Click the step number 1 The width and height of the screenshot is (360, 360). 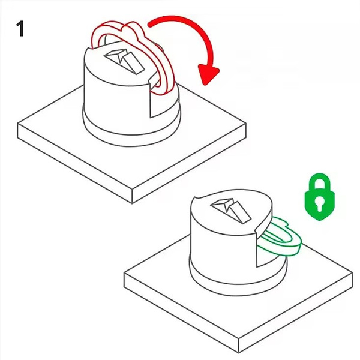(20, 29)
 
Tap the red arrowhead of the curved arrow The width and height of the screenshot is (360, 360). (208, 74)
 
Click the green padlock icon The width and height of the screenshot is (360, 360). (319, 197)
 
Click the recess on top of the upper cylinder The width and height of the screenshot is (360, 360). (124, 61)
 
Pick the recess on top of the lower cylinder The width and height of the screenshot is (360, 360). (230, 210)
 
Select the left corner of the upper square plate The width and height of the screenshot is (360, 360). (17, 125)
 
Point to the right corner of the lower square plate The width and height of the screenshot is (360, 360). (353, 273)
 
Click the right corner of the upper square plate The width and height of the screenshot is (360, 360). (246, 124)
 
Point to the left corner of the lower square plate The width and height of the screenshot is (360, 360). (124, 273)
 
